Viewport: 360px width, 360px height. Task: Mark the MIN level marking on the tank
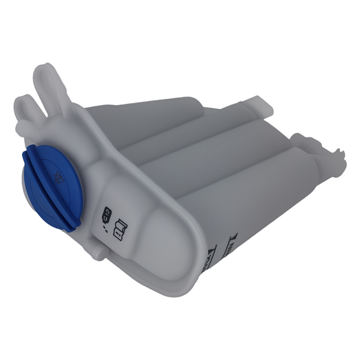(211, 252)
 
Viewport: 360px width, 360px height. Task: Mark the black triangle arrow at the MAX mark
(229, 240)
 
